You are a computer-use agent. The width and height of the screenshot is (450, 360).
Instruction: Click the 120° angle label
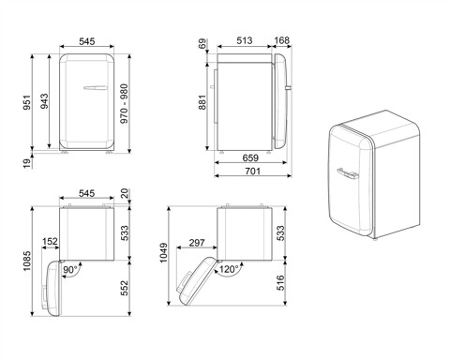[227, 268]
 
